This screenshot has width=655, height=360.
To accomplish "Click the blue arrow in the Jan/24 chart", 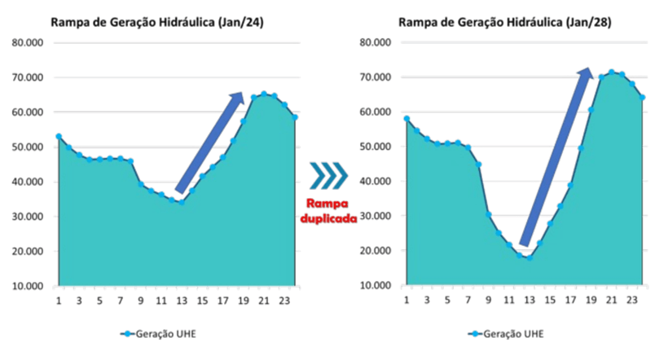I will click(210, 143).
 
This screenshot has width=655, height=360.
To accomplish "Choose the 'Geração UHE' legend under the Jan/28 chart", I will click(506, 334).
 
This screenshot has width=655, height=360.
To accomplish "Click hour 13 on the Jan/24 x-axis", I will click(182, 301).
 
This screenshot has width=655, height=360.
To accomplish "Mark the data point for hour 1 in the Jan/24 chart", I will click(59, 136).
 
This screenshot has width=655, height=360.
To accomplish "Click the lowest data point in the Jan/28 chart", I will click(529, 258).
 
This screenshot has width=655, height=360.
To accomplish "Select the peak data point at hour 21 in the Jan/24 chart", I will click(263, 94).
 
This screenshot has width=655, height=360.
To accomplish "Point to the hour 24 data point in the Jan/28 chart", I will click(642, 98).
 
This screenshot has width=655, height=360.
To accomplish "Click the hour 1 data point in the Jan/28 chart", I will click(406, 119).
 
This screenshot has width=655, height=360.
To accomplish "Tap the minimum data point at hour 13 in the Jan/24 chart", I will click(182, 202).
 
